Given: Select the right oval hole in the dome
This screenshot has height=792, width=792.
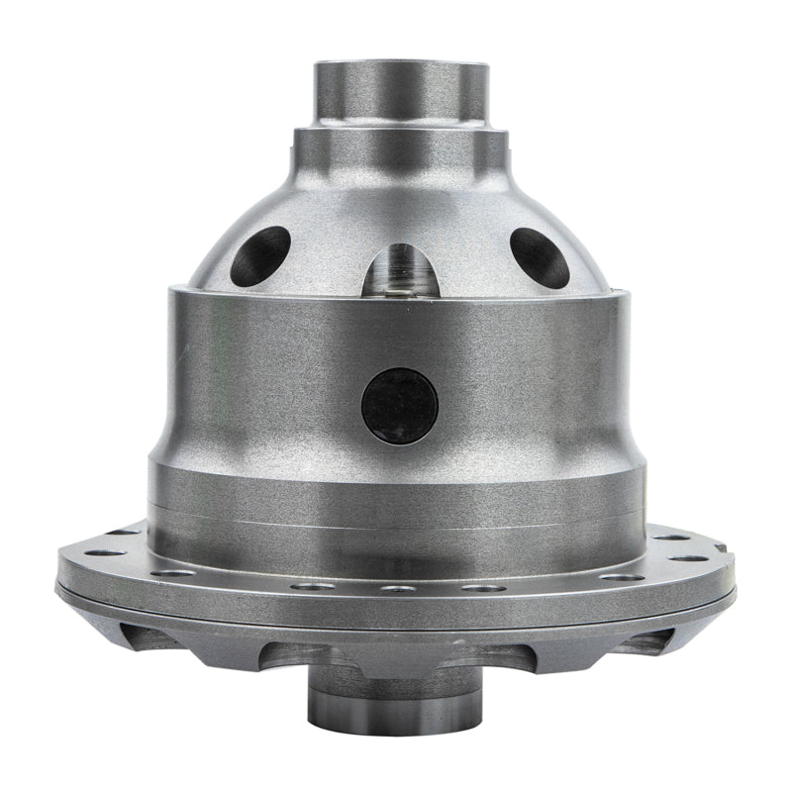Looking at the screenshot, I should [x=540, y=256].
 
